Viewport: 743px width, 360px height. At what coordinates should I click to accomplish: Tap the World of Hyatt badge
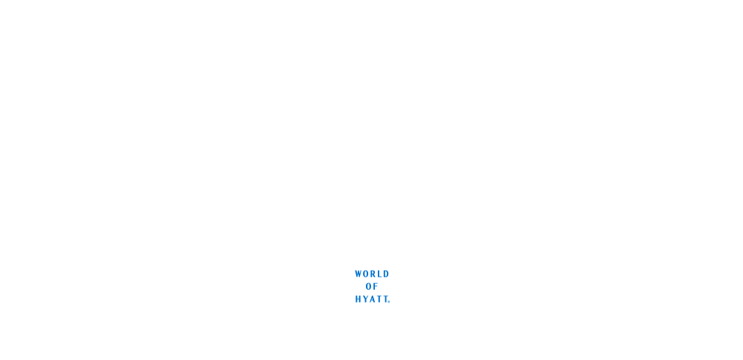372,285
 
